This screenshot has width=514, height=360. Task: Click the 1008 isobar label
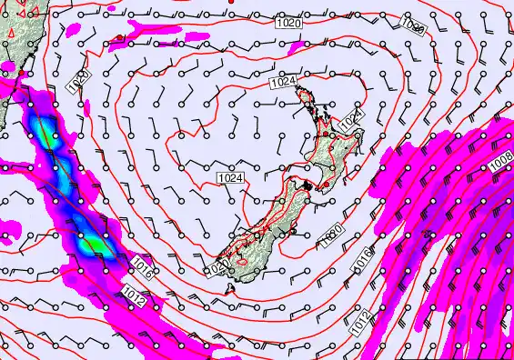499,164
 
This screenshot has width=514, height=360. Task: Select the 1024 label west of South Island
230,178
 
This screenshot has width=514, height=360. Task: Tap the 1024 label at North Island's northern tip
284,83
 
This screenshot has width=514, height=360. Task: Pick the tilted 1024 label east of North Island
352,119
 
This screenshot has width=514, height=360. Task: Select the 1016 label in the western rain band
141,265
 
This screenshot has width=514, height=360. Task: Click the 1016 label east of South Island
363,258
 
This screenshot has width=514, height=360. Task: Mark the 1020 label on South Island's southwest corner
217,268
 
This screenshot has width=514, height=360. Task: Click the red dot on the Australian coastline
20,73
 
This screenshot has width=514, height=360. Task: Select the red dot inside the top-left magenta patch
119,38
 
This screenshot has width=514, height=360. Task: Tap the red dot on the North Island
325,134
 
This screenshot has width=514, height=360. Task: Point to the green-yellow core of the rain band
92,244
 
